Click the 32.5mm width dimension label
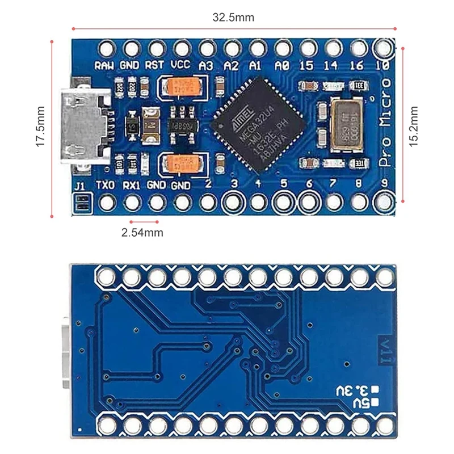(x=233, y=17)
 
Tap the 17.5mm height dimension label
(x=40, y=127)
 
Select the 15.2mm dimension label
(x=414, y=125)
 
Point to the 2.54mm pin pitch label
(x=142, y=232)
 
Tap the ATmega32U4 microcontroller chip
(x=258, y=125)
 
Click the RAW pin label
(x=105, y=65)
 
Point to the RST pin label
(x=155, y=65)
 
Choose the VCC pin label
(x=180, y=65)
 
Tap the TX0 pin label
(x=106, y=185)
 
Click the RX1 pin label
(x=132, y=185)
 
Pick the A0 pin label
(x=281, y=65)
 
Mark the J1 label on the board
(x=80, y=185)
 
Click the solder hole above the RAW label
(x=106, y=48)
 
